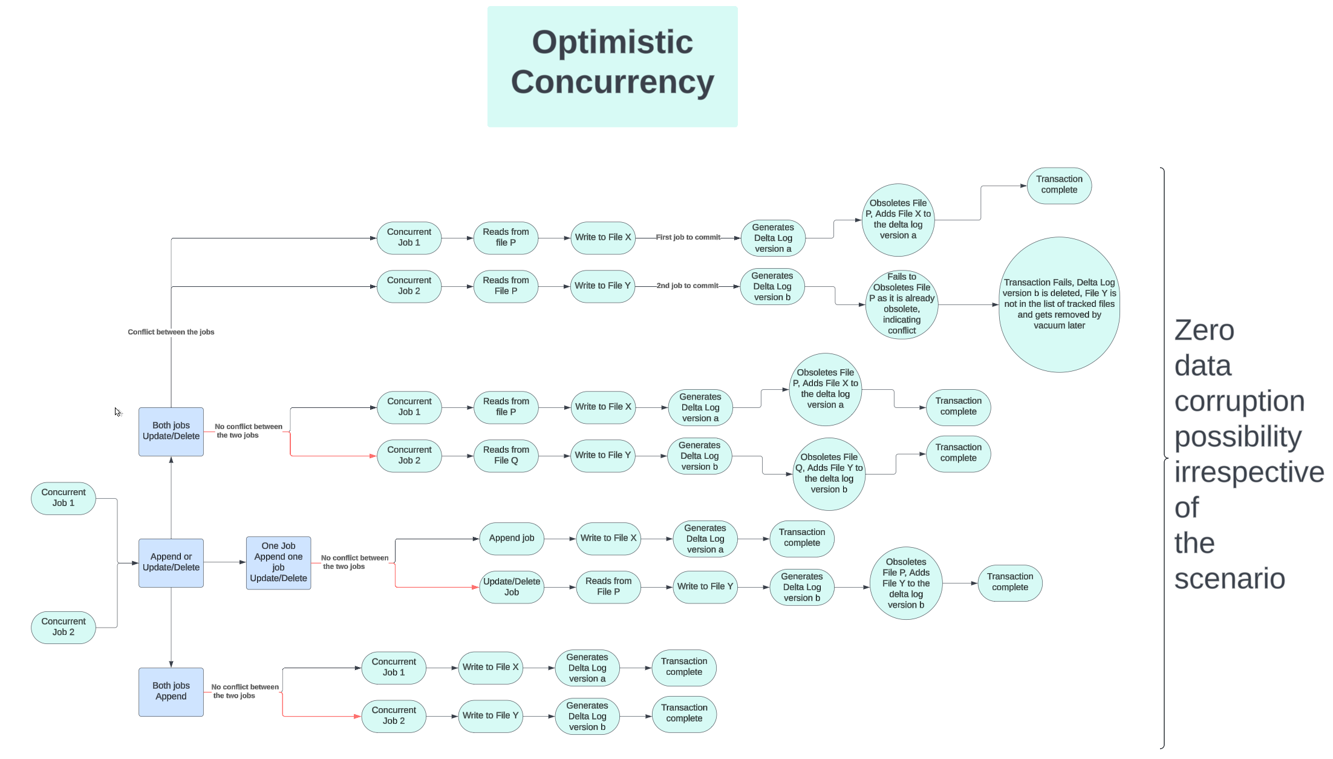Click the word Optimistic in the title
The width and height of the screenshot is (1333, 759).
click(612, 42)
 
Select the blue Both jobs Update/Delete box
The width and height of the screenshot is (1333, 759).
click(171, 432)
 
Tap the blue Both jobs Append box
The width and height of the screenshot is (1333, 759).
click(171, 692)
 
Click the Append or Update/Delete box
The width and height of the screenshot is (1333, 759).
click(171, 563)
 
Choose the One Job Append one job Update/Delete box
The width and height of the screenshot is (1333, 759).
click(278, 563)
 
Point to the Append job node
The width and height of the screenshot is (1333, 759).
click(512, 538)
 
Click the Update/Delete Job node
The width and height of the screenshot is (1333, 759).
click(512, 587)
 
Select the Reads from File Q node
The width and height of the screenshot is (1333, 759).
click(506, 456)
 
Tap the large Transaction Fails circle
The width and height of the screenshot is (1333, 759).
click(1059, 304)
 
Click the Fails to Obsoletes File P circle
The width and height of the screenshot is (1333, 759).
click(902, 304)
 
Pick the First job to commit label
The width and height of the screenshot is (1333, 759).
click(688, 237)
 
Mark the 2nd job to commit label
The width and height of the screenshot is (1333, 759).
click(688, 286)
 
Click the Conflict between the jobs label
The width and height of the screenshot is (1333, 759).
click(171, 332)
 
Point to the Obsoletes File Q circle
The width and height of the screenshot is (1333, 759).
click(829, 474)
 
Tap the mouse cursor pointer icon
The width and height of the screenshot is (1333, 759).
click(117, 412)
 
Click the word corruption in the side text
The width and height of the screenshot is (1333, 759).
click(1239, 401)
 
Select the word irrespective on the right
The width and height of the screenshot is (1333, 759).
click(1248, 472)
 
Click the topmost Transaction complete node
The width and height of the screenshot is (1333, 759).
click(1059, 185)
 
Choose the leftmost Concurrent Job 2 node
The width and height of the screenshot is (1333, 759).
click(64, 627)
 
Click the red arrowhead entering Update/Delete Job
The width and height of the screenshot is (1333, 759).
click(475, 587)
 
